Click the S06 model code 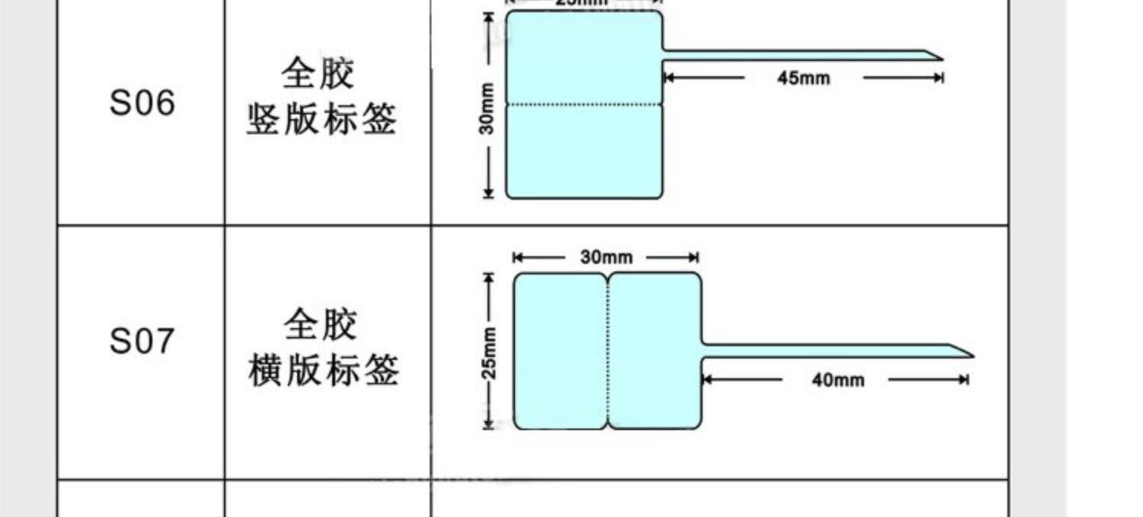pos(142,103)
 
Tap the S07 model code pos(142,341)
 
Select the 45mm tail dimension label pos(803,78)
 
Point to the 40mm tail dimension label pos(837,380)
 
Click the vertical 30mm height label pos(487,108)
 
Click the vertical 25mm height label pos(489,353)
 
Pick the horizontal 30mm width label pos(606,258)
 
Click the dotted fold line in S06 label pos(584,103)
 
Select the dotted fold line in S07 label pos(607,351)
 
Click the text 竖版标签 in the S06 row pos(322,120)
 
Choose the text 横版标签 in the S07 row pos(324,371)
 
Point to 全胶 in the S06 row pos(319,75)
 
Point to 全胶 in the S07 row pos(321,325)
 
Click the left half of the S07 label pos(560,351)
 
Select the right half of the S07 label pos(655,351)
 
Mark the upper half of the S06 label pos(584,57)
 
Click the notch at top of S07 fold pos(607,276)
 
